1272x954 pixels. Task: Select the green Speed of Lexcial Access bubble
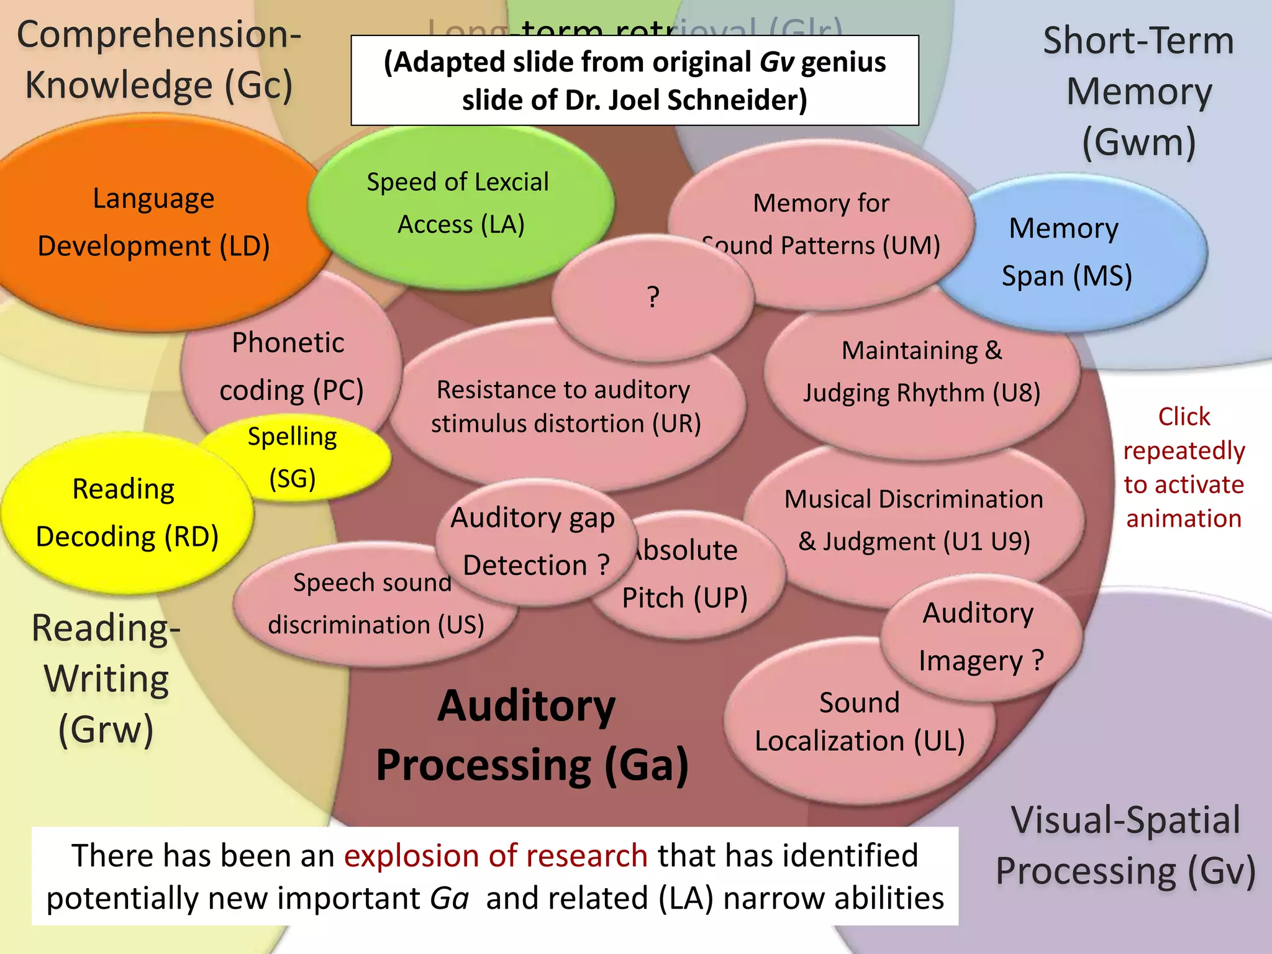[x=460, y=203]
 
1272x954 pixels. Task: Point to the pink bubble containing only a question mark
[x=652, y=297]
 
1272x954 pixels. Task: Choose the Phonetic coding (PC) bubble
[x=290, y=366]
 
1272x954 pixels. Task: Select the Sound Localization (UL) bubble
[x=859, y=722]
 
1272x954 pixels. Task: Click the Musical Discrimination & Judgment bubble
[x=913, y=520]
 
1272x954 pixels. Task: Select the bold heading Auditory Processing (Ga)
[x=531, y=736]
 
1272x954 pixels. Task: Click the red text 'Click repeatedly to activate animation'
[x=1184, y=467]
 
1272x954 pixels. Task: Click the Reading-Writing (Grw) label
[x=106, y=678]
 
